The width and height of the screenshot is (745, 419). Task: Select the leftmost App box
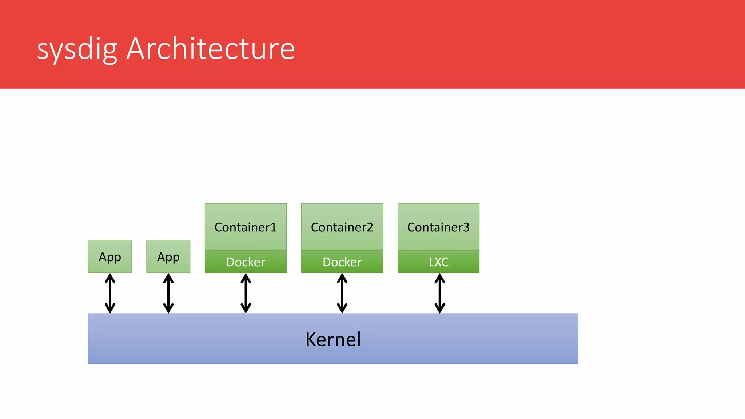pyautogui.click(x=110, y=256)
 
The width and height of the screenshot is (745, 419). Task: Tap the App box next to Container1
pyautogui.click(x=168, y=256)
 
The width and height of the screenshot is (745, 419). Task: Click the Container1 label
pyautogui.click(x=246, y=227)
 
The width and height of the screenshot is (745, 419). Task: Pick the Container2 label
pyautogui.click(x=342, y=227)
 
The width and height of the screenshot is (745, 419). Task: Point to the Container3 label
pyautogui.click(x=438, y=227)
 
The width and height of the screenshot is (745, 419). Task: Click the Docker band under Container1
pyautogui.click(x=246, y=262)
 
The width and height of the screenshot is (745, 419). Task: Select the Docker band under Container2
pyautogui.click(x=342, y=262)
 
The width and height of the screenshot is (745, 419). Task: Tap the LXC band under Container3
pyautogui.click(x=438, y=262)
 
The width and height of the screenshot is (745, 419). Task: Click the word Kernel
pyautogui.click(x=333, y=339)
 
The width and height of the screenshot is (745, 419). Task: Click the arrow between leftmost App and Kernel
pyautogui.click(x=110, y=293)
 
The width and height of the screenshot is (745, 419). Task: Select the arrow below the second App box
pyautogui.click(x=168, y=293)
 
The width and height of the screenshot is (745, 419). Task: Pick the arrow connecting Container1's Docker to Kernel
pyautogui.click(x=246, y=293)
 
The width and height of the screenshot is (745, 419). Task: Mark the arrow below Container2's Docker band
pyautogui.click(x=342, y=293)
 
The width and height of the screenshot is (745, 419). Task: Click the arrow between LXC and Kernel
pyautogui.click(x=439, y=293)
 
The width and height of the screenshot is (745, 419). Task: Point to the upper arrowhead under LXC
pyautogui.click(x=439, y=278)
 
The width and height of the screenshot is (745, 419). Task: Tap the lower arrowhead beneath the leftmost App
pyautogui.click(x=110, y=308)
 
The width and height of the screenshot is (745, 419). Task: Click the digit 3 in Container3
pyautogui.click(x=466, y=227)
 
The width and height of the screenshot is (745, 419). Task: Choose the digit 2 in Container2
pyautogui.click(x=370, y=227)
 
